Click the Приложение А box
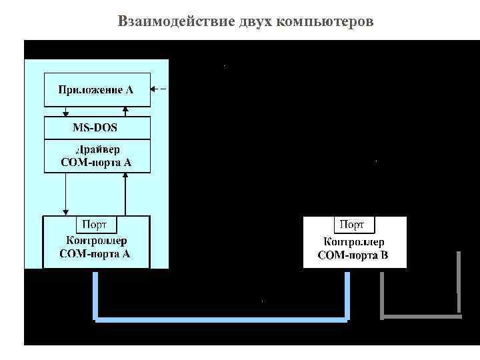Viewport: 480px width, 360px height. pos(97,90)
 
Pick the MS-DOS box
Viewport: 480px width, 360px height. pos(97,128)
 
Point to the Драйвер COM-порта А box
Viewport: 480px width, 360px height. pos(97,155)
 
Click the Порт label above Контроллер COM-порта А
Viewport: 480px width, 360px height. pos(97,225)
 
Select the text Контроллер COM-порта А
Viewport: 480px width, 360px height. pos(97,247)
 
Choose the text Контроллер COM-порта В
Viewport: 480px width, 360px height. pos(353,249)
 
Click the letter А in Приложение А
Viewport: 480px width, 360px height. pos(129,90)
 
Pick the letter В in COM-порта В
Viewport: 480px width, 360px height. pos(384,255)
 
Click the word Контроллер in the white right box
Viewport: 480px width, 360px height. pos(353,243)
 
